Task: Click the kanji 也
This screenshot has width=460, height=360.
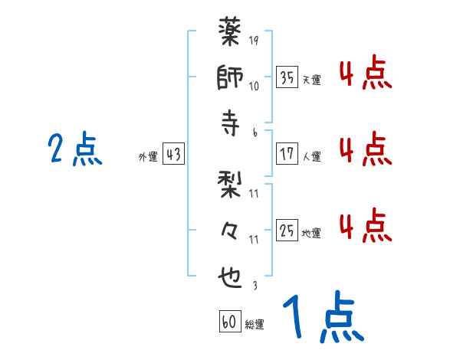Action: click(231, 273)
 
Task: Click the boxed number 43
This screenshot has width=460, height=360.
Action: click(173, 155)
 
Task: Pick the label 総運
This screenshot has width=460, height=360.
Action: click(255, 324)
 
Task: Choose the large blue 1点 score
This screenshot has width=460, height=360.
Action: click(322, 318)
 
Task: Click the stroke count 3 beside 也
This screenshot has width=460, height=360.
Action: click(254, 286)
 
